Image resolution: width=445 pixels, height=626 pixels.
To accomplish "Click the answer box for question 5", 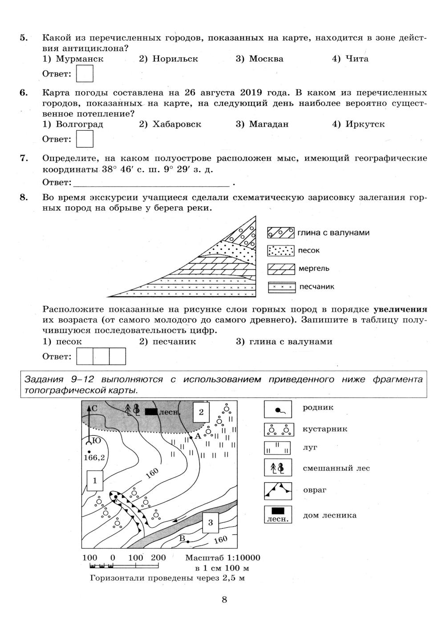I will coord(85,74).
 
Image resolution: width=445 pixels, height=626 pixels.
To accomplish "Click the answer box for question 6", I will coord(85,139).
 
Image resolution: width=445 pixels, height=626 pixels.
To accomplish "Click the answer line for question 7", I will coord(151,182).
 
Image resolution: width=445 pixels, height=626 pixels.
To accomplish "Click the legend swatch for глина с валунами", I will coord(281,233).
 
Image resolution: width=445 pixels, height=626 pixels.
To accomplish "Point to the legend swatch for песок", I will coord(281,251).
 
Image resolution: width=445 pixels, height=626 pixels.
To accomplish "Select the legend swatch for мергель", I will coord(281,269).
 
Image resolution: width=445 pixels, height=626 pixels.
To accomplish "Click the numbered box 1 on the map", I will coord(95,480).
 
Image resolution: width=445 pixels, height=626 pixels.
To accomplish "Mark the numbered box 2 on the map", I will coord(201,412).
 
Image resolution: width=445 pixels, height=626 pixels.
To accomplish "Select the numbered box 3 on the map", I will coord(210,522).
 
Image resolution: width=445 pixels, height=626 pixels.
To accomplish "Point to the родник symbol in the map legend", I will coord(278,409).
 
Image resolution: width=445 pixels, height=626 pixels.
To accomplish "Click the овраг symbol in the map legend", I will coord(278,491).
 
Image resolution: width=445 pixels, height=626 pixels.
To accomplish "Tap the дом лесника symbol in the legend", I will coord(278,514).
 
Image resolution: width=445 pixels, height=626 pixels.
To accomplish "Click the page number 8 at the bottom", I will coord(224,600).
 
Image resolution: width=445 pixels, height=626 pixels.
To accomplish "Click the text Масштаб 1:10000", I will coord(222,558).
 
